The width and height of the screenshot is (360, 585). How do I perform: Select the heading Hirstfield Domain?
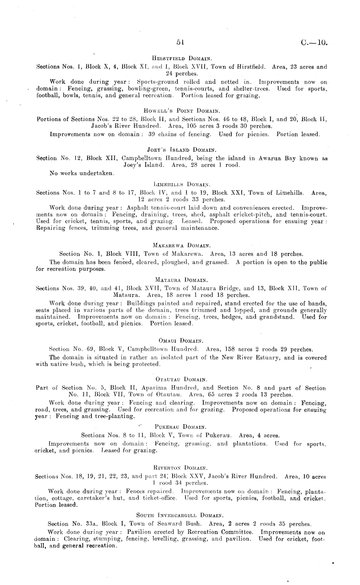click(x=182, y=58)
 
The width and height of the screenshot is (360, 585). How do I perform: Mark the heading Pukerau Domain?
click(x=181, y=427)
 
